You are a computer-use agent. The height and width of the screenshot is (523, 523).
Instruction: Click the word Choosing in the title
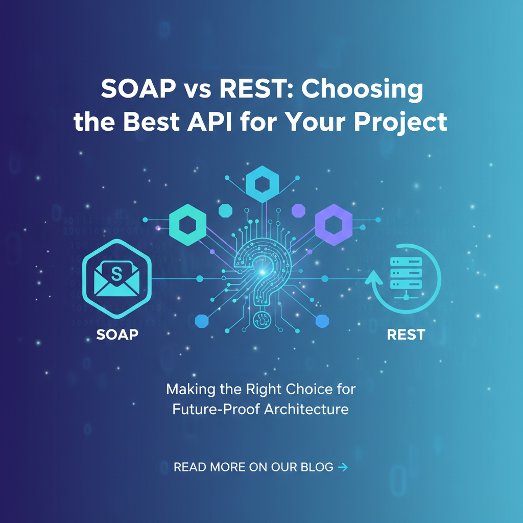[x=362, y=89]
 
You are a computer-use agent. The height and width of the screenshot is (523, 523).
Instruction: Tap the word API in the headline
[x=209, y=122]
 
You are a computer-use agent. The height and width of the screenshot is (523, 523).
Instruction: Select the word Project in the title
[x=400, y=123]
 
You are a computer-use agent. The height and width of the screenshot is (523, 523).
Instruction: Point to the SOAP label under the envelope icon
[x=117, y=334]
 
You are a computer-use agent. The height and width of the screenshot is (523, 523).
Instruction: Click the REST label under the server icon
[x=406, y=334]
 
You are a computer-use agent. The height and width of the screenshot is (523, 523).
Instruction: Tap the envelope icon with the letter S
[x=117, y=279]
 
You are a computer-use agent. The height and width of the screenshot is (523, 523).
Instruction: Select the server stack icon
[x=406, y=277]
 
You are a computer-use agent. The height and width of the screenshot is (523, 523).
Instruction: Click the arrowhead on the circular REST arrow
[x=373, y=277]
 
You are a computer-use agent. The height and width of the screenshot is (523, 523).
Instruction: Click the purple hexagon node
[x=334, y=225]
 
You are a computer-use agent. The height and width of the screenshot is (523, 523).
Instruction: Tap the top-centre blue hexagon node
[x=262, y=184]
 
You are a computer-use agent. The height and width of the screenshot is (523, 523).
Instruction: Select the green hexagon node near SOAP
[x=188, y=225]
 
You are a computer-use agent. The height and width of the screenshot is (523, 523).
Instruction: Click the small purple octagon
[x=298, y=210]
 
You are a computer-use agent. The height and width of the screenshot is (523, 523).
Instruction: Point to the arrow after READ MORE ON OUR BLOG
[x=343, y=467]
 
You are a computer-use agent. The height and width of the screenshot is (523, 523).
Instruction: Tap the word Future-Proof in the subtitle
[x=216, y=409]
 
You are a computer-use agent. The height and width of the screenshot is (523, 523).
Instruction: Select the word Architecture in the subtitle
[x=306, y=409]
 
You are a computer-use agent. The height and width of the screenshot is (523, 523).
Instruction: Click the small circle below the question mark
[x=262, y=320]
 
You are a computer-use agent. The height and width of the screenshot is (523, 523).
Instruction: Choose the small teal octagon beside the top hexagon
[x=225, y=210]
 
